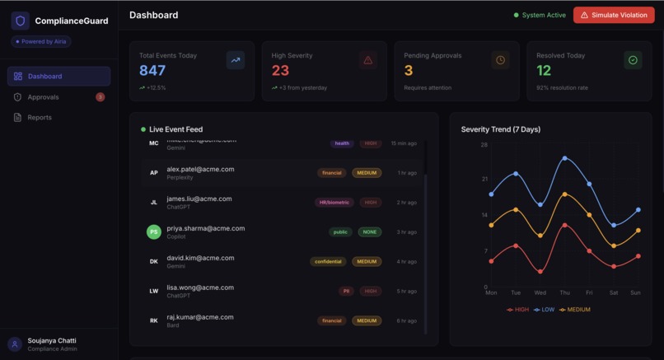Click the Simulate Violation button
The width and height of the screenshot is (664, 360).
coord(614,15)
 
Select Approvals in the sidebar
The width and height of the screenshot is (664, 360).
coord(43,97)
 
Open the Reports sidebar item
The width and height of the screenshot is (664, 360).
coord(40,118)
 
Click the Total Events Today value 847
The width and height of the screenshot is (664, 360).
coord(152,71)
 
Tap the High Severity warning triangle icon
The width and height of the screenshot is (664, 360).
coord(367,60)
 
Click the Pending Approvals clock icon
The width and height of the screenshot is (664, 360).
coord(500,60)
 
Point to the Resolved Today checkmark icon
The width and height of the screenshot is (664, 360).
coord(633,60)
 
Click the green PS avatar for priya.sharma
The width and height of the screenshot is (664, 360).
coord(154,232)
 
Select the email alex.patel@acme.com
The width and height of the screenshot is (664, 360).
coord(200,169)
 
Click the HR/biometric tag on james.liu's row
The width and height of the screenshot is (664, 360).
coord(334,203)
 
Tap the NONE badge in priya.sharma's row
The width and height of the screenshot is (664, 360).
coord(370,232)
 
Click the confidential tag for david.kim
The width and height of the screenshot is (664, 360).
coord(328,262)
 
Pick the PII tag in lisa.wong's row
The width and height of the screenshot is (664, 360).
coord(346,292)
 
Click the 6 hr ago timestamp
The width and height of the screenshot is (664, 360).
coord(406,321)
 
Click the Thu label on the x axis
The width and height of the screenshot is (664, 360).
coord(564,292)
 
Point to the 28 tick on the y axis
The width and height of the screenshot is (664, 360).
coord(484,145)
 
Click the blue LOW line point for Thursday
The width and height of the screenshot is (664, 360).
coord(564,158)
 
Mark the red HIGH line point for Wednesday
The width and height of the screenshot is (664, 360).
coord(540,272)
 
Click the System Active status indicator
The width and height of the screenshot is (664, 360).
coord(540,15)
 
